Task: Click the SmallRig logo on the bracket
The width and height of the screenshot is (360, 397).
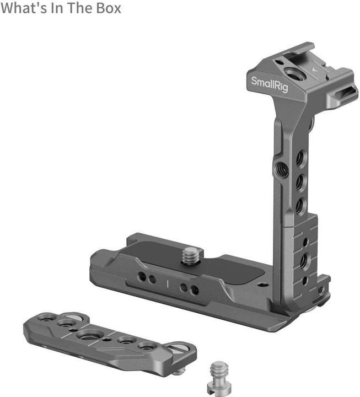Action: click(270, 84)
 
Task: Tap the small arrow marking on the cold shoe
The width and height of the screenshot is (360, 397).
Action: click(314, 71)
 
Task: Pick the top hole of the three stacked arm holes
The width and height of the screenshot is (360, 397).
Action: click(299, 159)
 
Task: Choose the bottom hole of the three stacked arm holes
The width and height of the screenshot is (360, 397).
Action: click(299, 205)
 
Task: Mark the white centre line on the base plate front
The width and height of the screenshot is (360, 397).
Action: click(168, 285)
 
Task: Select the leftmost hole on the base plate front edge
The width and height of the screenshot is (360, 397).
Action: click(142, 276)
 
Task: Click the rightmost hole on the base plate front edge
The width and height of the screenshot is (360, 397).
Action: click(195, 289)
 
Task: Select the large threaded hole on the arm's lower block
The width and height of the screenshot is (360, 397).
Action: click(304, 259)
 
